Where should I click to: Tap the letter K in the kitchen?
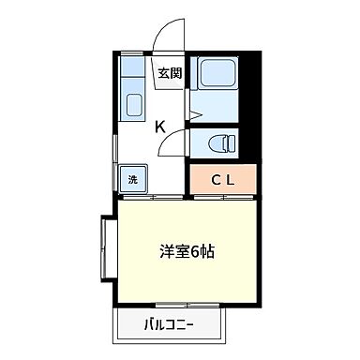pyautogui.click(x=160, y=127)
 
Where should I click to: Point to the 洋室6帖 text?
pyautogui.click(x=187, y=251)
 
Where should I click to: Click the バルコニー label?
pyautogui.click(x=169, y=327)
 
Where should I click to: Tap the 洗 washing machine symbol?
pyautogui.click(x=132, y=179)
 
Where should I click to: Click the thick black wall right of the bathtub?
pyautogui.click(x=250, y=103)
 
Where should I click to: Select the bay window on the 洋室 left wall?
pyautogui.click(x=106, y=247)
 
